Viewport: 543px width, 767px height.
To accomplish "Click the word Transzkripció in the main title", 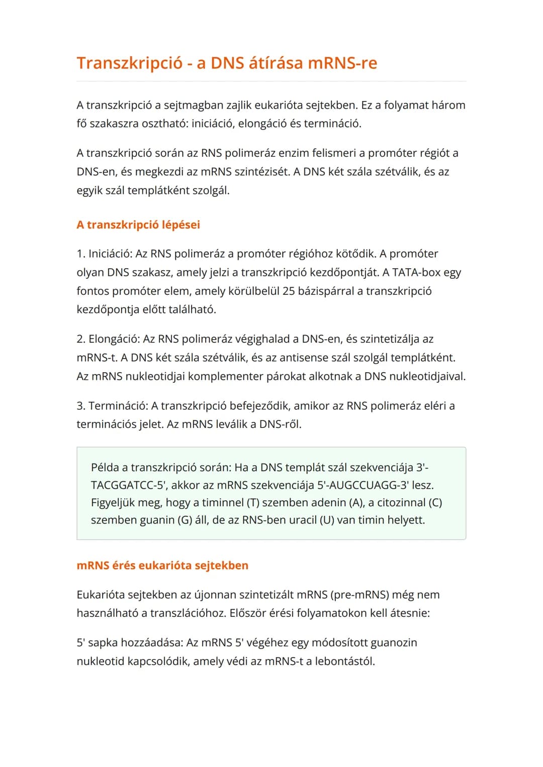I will (129, 63).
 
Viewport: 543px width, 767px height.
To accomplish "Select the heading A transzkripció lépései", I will (138, 225).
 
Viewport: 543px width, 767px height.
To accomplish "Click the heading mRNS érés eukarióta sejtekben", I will (162, 566).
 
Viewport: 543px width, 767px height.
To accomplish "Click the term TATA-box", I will (416, 272).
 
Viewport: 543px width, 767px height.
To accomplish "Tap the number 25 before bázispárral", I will (289, 291).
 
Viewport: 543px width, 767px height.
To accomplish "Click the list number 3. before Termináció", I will (81, 405).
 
